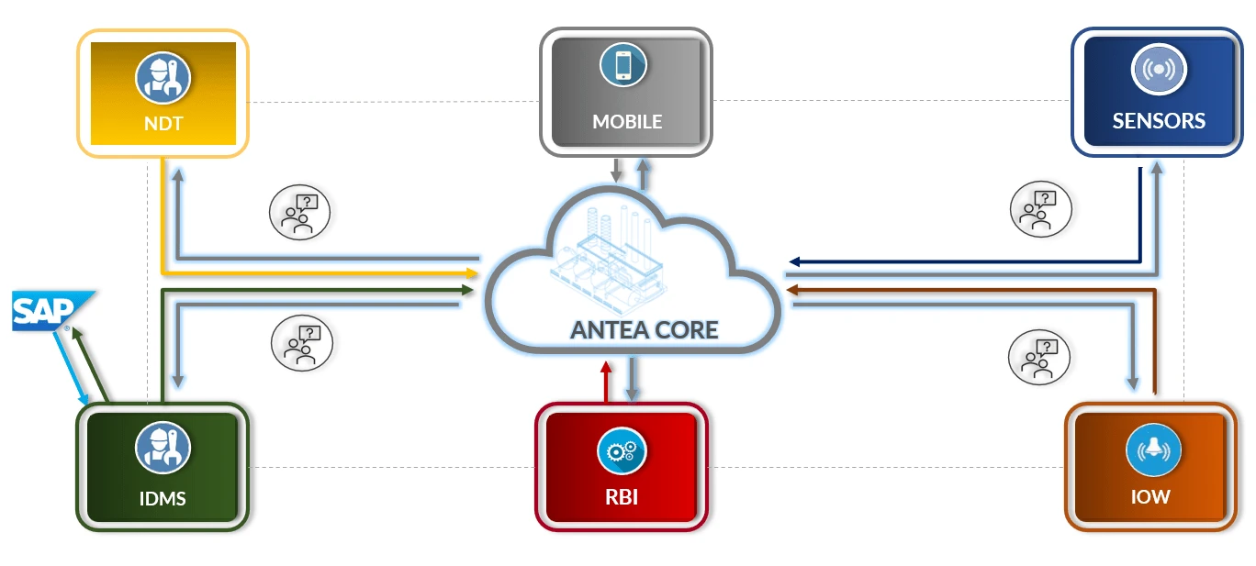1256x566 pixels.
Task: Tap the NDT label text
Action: (163, 122)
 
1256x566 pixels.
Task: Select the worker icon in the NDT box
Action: (163, 77)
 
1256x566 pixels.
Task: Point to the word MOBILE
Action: (626, 122)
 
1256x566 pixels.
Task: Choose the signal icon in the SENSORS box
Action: (1159, 71)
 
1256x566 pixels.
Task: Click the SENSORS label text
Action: (1159, 121)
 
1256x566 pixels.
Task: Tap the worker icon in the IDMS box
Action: (163, 448)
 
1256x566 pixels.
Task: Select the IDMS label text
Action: (163, 499)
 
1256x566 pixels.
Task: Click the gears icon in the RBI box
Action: (622, 451)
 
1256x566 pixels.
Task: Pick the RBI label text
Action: (622, 499)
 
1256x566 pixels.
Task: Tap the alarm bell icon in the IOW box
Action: (1152, 450)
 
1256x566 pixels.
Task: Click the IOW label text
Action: (1151, 498)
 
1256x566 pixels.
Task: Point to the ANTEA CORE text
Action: (644, 329)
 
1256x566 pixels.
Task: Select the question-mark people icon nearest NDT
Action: (299, 212)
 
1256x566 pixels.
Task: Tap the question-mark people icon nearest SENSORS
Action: (1040, 208)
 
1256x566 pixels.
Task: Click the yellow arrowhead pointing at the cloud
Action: (472, 272)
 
